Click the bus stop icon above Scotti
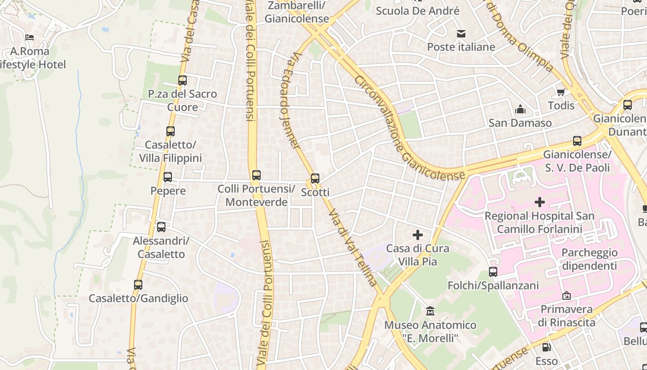(315, 178)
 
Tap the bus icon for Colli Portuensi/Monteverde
(256, 175)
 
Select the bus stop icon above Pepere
(168, 177)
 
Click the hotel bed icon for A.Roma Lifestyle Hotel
(30, 37)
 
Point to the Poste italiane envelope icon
(461, 33)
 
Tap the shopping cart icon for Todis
(561, 92)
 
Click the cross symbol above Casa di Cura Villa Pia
(418, 235)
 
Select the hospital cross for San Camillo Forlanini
(539, 202)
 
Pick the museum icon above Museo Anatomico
(430, 311)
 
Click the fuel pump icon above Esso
(546, 347)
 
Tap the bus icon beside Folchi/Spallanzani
(493, 272)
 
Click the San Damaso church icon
(520, 109)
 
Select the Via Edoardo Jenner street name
(291, 99)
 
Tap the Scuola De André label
(418, 11)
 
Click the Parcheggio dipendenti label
(589, 259)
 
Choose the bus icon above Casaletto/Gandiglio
(138, 285)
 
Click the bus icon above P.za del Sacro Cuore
(183, 80)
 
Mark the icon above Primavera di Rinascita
(567, 295)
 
